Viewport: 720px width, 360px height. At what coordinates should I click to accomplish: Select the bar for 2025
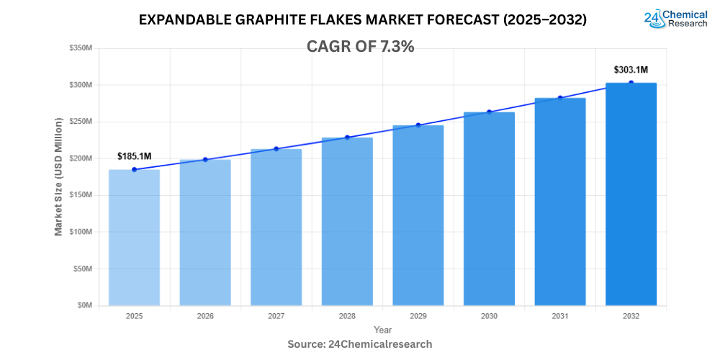click(x=134, y=238)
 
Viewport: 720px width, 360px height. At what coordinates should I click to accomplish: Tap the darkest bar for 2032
click(x=631, y=194)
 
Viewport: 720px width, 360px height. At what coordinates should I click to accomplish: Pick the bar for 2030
click(x=489, y=209)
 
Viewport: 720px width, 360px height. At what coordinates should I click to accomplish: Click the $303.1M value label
click(x=631, y=70)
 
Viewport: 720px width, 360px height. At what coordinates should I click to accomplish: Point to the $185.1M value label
click(x=134, y=156)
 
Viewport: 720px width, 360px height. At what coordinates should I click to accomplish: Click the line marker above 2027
click(x=276, y=149)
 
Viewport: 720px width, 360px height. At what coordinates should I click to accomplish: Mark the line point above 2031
click(x=560, y=98)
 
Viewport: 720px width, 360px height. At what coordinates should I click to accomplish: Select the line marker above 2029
click(x=418, y=125)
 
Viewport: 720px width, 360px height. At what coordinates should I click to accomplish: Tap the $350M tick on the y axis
click(x=80, y=48)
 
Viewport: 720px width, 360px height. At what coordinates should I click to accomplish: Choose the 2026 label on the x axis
click(x=204, y=316)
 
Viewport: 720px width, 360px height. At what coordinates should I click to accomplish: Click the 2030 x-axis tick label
click(x=489, y=316)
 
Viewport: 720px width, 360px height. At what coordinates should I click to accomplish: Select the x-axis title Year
click(x=383, y=330)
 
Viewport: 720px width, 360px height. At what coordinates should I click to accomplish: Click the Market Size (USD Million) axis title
click(x=58, y=177)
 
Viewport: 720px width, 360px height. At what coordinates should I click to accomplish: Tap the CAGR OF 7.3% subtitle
click(x=360, y=47)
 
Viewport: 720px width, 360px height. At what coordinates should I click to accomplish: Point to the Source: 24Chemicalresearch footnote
click(x=360, y=344)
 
